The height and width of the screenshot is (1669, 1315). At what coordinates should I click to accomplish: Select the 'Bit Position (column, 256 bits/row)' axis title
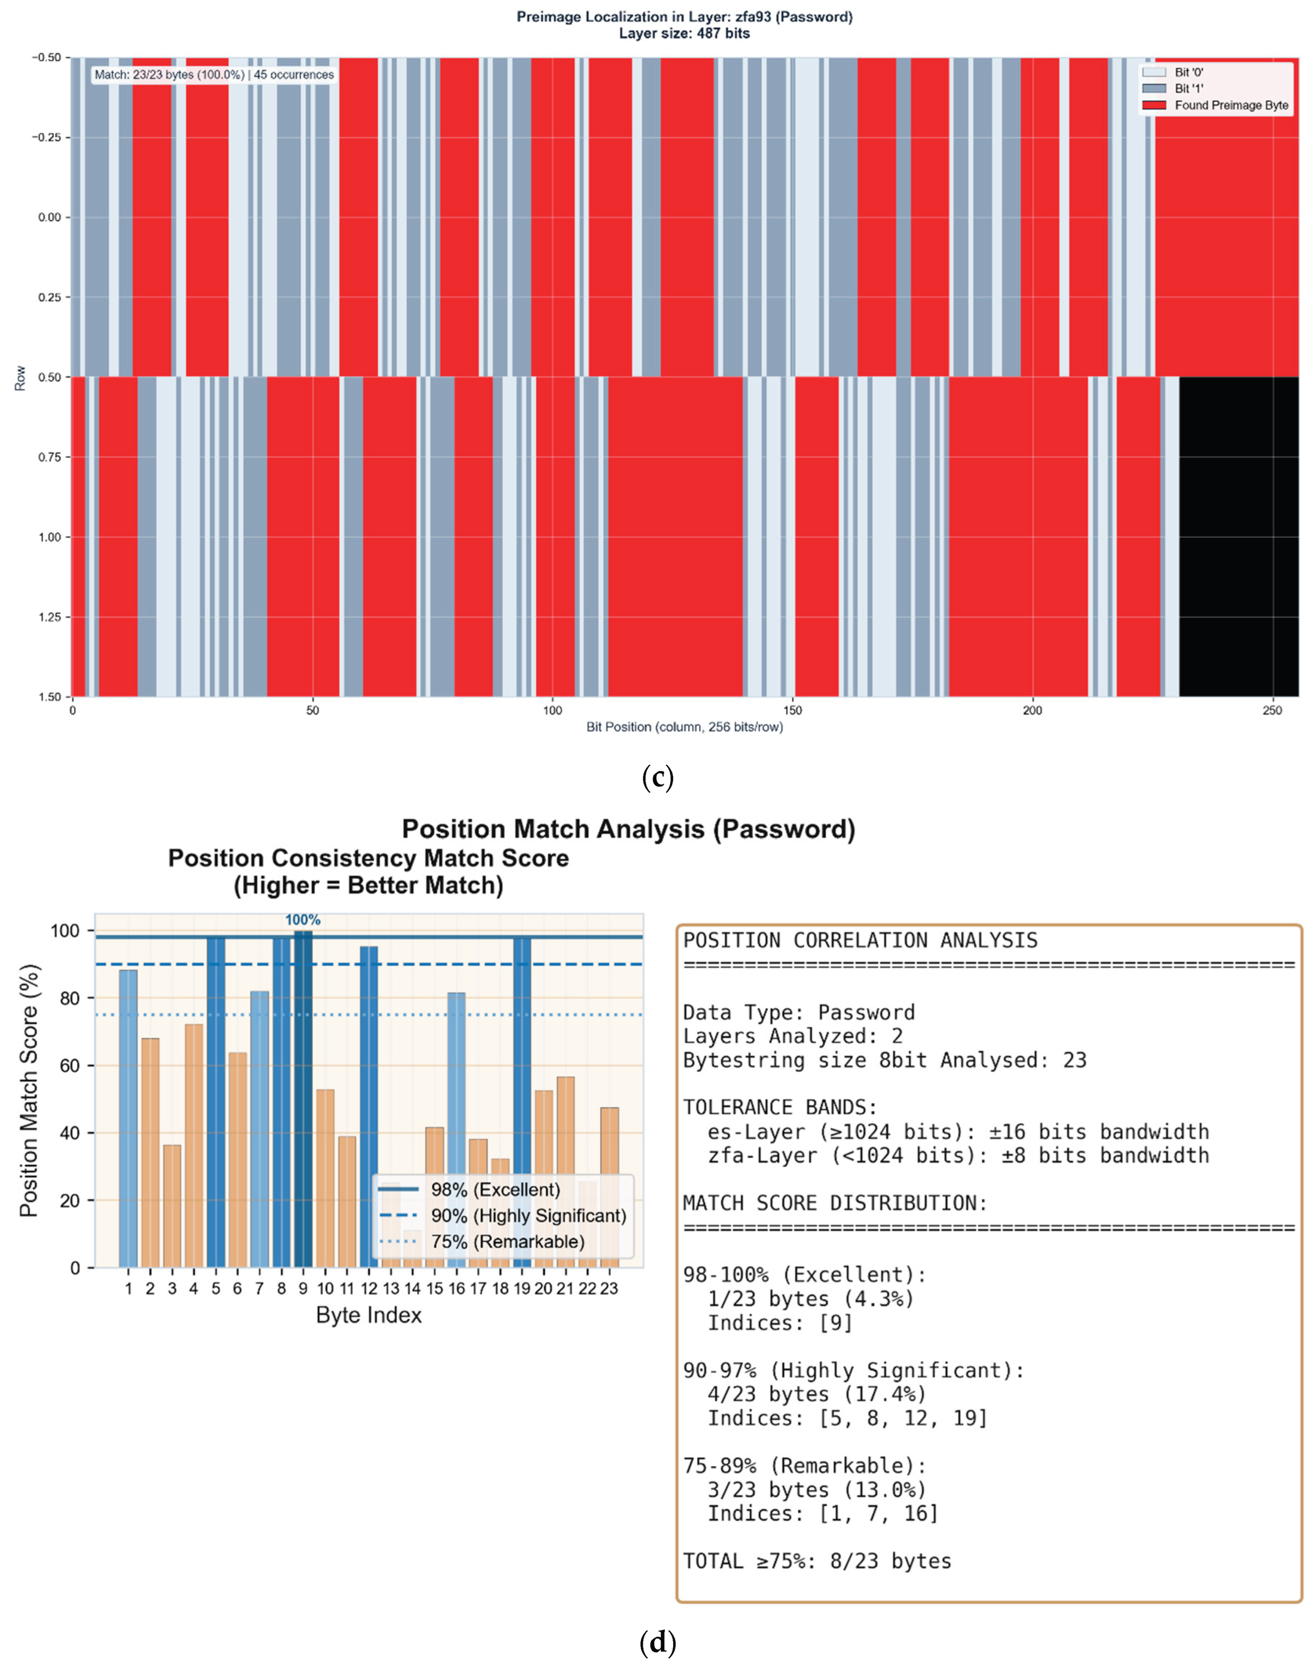(684, 727)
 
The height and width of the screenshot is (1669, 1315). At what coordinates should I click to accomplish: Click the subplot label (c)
(657, 778)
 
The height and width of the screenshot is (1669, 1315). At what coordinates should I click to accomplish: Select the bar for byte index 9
(303, 1100)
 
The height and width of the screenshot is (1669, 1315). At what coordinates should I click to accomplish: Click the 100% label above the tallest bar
(302, 920)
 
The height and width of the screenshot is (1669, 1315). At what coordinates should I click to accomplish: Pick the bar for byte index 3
(172, 1205)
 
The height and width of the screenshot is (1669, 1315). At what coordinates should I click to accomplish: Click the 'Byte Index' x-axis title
(369, 1315)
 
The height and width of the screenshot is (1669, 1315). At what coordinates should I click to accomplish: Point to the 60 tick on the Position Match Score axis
(69, 1065)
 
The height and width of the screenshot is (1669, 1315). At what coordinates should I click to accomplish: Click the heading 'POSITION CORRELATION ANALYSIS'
(860, 940)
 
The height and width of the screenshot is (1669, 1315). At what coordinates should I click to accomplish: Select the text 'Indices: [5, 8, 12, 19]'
(847, 1418)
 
